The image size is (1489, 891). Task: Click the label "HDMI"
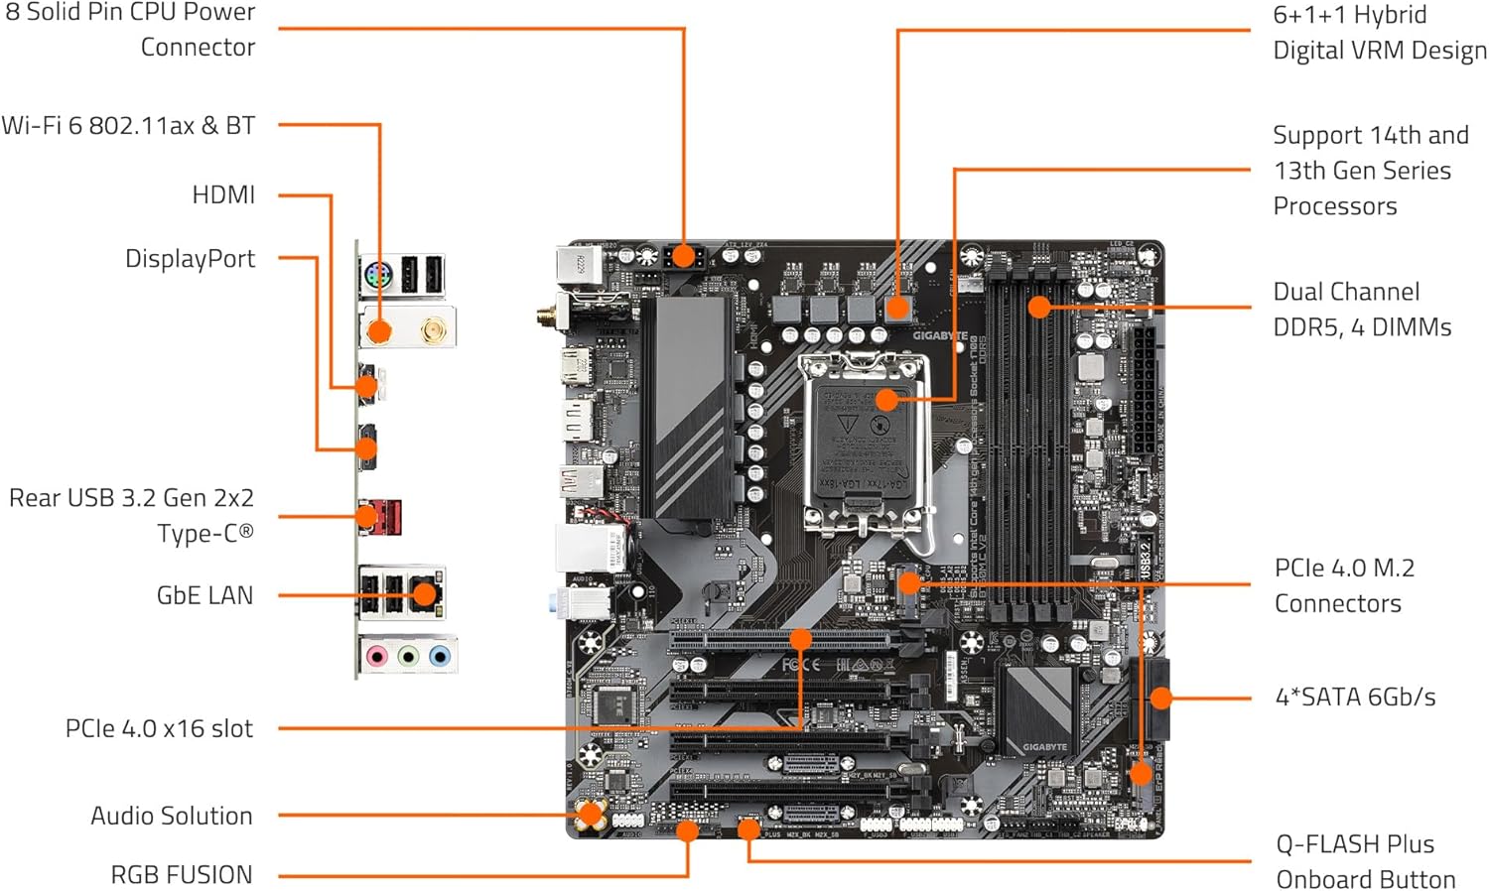coord(223,194)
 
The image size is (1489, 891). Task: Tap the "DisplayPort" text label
coord(190,259)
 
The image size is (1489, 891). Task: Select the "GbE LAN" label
coord(204,595)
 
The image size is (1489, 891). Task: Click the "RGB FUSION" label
coord(182,875)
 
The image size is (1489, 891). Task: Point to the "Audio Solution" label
coord(172,816)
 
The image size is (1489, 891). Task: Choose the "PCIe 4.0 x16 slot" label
coord(159,728)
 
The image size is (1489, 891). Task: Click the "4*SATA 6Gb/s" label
coord(1355,698)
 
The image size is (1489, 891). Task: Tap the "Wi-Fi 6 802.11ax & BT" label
coord(128,126)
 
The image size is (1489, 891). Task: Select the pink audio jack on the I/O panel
coord(376,656)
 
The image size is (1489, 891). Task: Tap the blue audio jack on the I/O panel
coord(440,656)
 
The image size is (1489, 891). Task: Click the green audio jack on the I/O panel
coord(408,656)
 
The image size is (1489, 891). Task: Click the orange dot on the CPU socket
coord(887,400)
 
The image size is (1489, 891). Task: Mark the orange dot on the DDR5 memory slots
coord(1039,307)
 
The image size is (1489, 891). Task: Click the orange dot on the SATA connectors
coord(1160,699)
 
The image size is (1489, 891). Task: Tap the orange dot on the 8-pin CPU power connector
coord(684,258)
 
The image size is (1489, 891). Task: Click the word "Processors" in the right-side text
coord(1335,206)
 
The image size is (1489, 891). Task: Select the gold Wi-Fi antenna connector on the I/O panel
coord(433,328)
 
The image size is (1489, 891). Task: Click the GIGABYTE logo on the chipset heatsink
coord(1044,747)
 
